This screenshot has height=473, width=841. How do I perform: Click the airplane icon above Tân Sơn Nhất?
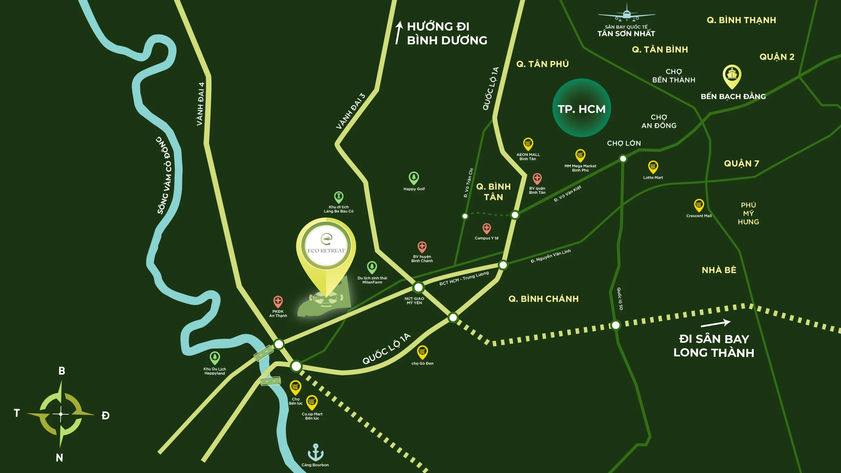click(x=626, y=13)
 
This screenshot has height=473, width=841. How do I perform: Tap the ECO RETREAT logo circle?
click(x=326, y=245)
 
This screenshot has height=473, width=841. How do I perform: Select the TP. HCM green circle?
click(x=581, y=108)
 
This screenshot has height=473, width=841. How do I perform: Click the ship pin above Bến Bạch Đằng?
click(x=732, y=75)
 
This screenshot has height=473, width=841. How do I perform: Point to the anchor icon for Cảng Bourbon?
click(x=315, y=452)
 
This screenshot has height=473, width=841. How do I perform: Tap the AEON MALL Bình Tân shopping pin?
click(x=528, y=144)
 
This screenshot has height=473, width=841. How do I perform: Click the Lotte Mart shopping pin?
click(x=653, y=167)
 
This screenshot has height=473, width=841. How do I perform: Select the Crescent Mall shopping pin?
click(x=699, y=205)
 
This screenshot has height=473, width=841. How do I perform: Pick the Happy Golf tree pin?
click(x=414, y=178)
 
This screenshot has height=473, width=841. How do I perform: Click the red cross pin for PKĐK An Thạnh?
click(x=278, y=301)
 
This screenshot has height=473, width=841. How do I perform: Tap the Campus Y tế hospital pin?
click(x=487, y=228)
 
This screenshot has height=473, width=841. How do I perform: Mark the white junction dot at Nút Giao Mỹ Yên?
click(x=418, y=287)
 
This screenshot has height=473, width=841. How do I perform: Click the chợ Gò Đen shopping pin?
click(x=422, y=352)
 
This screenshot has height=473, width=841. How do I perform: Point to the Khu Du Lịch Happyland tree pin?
click(x=215, y=357)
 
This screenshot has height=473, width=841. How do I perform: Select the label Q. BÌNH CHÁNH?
click(x=543, y=299)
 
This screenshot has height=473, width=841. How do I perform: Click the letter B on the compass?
click(x=62, y=371)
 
